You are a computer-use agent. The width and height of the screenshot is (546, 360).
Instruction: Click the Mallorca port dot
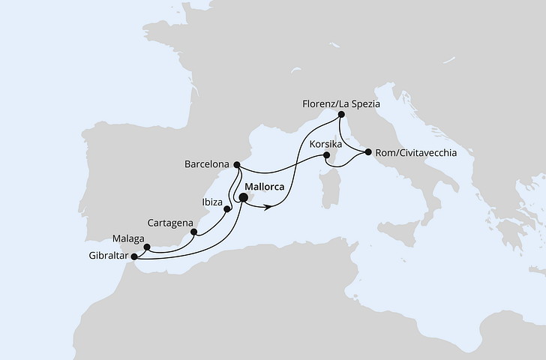pyautogui.click(x=242, y=198)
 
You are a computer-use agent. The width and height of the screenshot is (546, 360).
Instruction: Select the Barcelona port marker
pyautogui.click(x=236, y=164)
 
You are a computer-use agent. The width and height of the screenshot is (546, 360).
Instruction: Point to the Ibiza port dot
pyautogui.click(x=226, y=210)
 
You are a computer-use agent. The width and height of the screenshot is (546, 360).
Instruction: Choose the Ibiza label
pyautogui.click(x=212, y=202)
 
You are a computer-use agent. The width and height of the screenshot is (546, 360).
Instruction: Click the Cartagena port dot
pyautogui.click(x=194, y=232)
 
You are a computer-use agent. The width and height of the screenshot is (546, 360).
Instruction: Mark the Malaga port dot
pyautogui.click(x=147, y=247)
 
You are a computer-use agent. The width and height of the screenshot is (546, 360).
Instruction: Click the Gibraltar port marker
pyautogui.click(x=133, y=256)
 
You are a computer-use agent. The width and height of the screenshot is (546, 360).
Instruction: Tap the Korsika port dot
pyautogui.click(x=326, y=156)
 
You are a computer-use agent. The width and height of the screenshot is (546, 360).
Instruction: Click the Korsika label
pyautogui.click(x=325, y=142)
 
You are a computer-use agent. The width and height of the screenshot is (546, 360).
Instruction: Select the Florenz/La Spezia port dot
pyautogui.click(x=341, y=115)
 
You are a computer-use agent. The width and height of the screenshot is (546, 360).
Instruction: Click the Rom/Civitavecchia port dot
pyautogui.click(x=368, y=153)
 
